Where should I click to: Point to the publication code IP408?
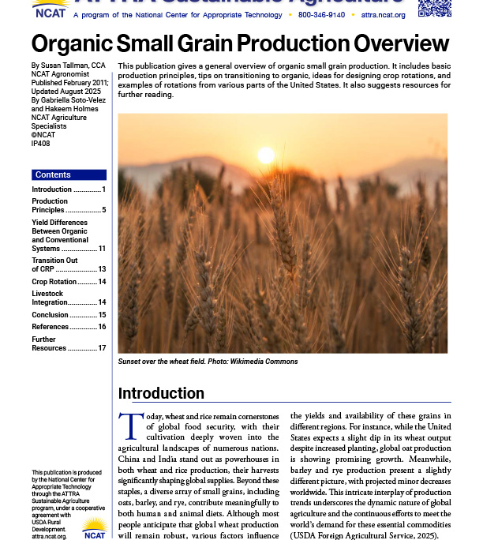coord(42,144)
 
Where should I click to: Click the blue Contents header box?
coord(69,174)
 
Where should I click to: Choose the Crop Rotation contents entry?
coord(54,282)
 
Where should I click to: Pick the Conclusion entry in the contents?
coord(50,315)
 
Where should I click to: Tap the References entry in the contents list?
coord(50,327)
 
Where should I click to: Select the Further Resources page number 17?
coord(102,348)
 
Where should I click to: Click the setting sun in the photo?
coord(265,155)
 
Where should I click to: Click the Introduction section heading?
coord(161,393)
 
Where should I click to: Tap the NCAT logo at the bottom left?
coord(94,529)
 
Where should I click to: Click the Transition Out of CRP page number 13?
coord(102,269)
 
